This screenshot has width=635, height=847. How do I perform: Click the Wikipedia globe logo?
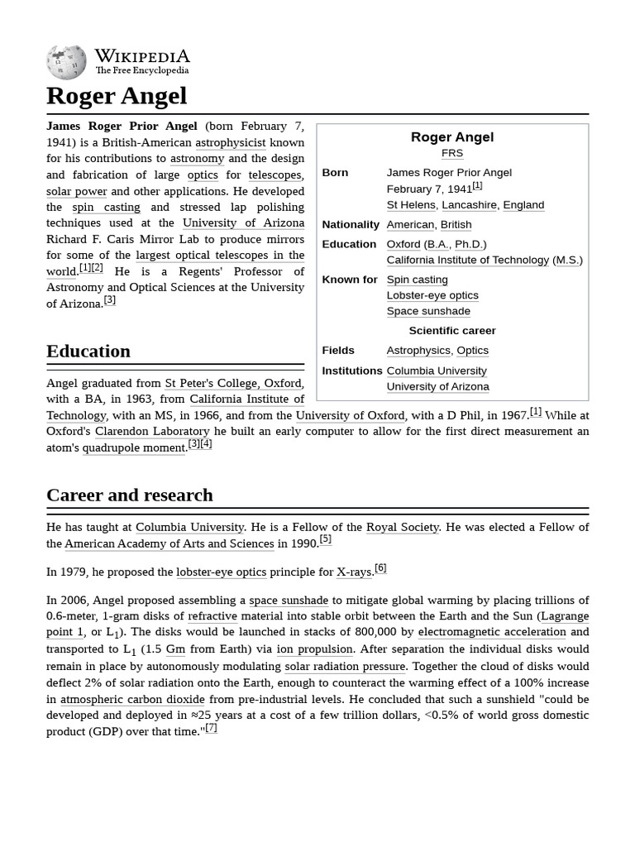66,62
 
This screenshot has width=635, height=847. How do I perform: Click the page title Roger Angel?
117,96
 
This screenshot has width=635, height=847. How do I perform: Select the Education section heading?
88,351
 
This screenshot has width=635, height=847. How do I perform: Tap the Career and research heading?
130,495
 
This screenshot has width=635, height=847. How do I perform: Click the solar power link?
76,191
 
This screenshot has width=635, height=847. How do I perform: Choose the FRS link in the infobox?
451,153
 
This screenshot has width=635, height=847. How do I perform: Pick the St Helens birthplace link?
410,204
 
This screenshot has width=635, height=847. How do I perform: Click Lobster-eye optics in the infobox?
432,295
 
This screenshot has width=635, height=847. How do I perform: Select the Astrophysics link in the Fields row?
418,350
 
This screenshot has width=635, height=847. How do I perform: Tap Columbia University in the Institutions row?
436,371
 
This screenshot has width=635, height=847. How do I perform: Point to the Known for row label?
349,280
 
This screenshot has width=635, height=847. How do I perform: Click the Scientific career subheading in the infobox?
451,330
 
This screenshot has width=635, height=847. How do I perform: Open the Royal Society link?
402,527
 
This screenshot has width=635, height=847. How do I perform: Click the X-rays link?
354,572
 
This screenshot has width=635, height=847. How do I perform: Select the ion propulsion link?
314,649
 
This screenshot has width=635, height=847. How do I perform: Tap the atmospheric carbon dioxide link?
132,699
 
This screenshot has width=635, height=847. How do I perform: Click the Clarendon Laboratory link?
152,431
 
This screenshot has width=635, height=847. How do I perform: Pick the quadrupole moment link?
133,447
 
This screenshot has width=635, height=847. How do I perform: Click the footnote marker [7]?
211,728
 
